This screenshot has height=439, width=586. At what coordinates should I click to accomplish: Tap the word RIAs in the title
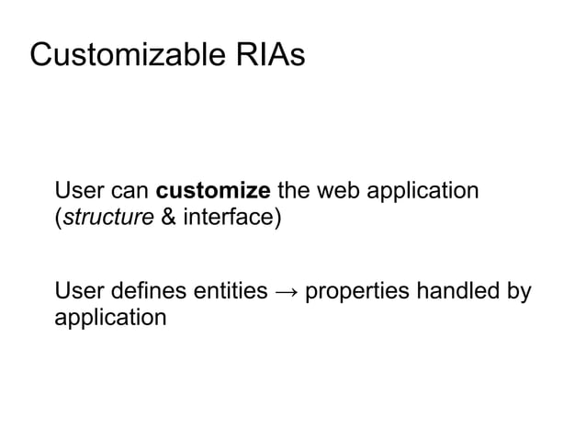click(267, 55)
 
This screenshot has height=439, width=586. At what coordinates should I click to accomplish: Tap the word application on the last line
click(110, 321)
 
